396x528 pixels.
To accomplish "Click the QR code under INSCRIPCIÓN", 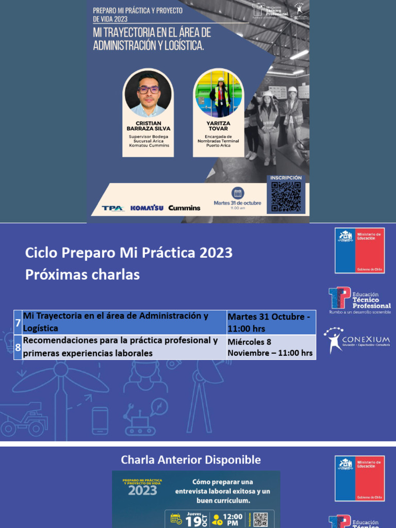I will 286,196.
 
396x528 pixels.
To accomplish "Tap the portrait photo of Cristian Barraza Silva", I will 148,93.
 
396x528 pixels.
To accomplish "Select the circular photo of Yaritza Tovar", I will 218,93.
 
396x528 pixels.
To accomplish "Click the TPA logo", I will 112,208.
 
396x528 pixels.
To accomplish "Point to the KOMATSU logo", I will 146,208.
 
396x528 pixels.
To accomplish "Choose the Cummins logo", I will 184,208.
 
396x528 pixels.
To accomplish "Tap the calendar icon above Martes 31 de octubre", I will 238,193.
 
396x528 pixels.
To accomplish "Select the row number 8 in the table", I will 18,348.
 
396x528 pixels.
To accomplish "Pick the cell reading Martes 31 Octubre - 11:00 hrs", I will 271,322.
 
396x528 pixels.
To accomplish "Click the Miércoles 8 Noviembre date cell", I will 271,347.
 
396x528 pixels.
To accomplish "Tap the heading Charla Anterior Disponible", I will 191,459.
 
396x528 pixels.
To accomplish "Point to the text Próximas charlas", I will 82,275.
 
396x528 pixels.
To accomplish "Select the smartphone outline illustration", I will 100,420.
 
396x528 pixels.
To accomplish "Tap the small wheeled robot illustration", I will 139,420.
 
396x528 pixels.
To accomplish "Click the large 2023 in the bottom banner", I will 142,490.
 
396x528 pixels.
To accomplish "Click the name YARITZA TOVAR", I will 219,126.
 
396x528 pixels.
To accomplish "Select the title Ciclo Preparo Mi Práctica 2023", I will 129,253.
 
